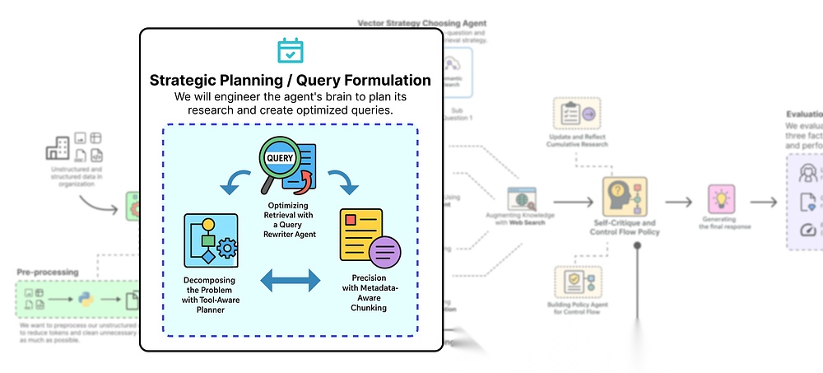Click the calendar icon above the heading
tap(291, 50)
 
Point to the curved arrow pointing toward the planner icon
tap(235, 180)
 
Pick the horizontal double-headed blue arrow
tap(291, 281)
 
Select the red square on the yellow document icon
tap(351, 220)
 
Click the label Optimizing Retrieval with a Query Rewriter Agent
tap(290, 216)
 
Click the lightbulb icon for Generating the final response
tap(721, 201)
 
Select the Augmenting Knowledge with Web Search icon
tap(522, 201)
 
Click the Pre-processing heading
tap(47, 272)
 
